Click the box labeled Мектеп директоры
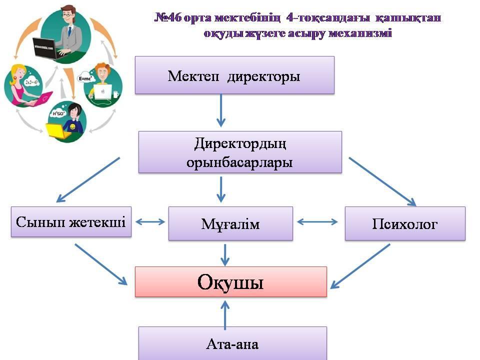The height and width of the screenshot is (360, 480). [x=234, y=75]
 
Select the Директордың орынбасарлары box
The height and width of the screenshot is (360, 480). [x=240, y=152]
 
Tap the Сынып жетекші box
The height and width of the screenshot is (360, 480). [x=71, y=221]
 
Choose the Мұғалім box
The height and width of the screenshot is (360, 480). [x=230, y=223]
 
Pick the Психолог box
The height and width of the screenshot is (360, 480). [x=405, y=223]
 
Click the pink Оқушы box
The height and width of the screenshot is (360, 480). [x=231, y=281]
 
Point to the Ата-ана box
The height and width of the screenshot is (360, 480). [x=232, y=343]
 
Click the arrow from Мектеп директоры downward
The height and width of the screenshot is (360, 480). [x=220, y=110]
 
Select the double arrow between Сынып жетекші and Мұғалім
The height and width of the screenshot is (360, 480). [x=150, y=221]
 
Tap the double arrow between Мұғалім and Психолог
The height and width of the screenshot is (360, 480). [x=317, y=222]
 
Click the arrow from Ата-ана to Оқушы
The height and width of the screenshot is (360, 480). [x=225, y=315]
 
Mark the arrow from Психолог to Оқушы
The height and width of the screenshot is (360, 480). [x=360, y=266]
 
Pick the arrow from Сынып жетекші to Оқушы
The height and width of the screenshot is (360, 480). [x=101, y=264]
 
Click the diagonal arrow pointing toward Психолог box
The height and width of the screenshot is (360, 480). [x=382, y=182]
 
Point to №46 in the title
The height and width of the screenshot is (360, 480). [x=168, y=17]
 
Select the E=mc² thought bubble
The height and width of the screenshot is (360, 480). [x=85, y=78]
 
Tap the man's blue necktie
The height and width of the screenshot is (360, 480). [x=70, y=31]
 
